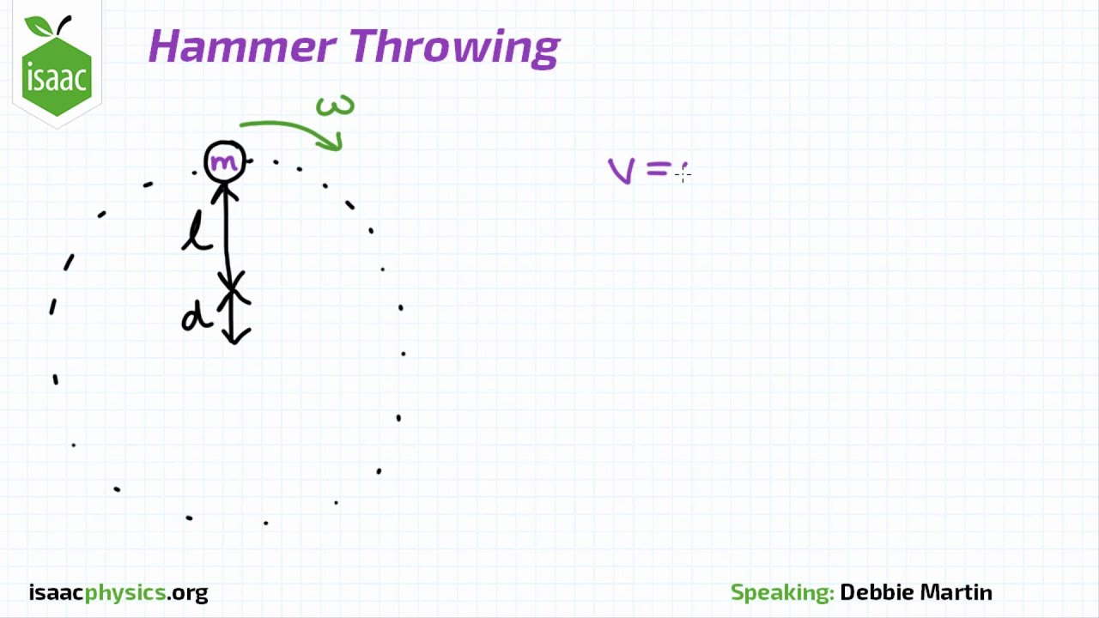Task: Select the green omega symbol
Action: click(x=335, y=106)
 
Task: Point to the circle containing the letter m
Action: click(x=225, y=162)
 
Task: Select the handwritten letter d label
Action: click(x=196, y=318)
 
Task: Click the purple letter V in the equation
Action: click(x=622, y=171)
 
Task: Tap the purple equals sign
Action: click(x=659, y=171)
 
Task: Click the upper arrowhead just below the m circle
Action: click(x=226, y=191)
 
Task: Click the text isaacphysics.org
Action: click(x=118, y=592)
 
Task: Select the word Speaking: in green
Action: click(x=781, y=592)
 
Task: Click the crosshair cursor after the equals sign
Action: click(x=683, y=174)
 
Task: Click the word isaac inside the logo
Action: click(x=57, y=79)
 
